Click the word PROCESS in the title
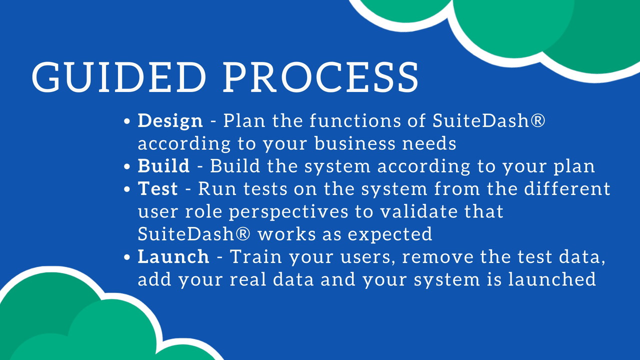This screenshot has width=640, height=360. coord(321,77)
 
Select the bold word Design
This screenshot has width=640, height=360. coord(170,121)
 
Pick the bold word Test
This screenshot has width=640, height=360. coord(157,188)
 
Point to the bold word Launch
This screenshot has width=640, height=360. coord(173,256)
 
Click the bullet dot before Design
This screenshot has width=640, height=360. coord(127,121)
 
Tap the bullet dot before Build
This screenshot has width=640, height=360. coord(127,166)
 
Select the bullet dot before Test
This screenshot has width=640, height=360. coord(127,189)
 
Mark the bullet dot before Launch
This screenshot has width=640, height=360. coord(127,257)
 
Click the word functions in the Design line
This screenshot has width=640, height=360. coord(355,120)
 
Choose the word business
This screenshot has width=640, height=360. coord(355,143)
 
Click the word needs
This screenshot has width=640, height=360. coord(429,143)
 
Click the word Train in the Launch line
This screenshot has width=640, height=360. coord(256,256)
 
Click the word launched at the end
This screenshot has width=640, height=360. coord(552,279)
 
